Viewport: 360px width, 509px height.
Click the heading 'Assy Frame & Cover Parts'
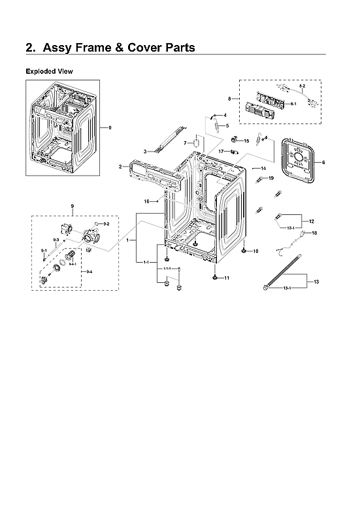click(x=110, y=48)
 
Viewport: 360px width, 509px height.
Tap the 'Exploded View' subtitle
click(x=50, y=71)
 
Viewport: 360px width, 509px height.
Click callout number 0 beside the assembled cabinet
click(x=110, y=127)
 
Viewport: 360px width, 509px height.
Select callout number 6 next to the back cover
click(x=323, y=162)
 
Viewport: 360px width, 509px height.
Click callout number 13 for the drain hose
click(x=316, y=282)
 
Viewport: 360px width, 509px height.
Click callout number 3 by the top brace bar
click(x=144, y=152)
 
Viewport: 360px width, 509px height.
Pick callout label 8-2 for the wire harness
click(x=302, y=86)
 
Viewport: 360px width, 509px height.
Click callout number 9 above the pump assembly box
click(x=72, y=206)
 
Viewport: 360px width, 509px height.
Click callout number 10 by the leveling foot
click(x=255, y=251)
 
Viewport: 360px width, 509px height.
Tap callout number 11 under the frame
click(x=227, y=278)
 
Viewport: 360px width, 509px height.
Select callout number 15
click(x=246, y=140)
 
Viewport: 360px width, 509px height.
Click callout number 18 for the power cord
click(x=314, y=233)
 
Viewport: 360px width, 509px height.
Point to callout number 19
click(x=270, y=178)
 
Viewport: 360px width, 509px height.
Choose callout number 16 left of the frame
click(x=147, y=201)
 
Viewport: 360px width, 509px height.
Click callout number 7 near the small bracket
click(x=186, y=142)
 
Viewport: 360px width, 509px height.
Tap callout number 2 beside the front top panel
click(x=120, y=167)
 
